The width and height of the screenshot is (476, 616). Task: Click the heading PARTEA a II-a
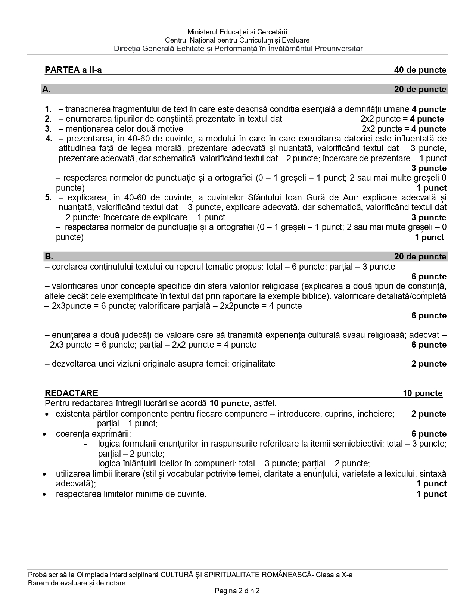73,70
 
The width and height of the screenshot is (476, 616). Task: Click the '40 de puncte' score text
420,70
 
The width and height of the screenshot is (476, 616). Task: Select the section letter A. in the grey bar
46,90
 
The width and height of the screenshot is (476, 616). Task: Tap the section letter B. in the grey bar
49,257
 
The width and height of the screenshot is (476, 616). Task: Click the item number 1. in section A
48,109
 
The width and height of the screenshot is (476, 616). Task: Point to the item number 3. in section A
48,129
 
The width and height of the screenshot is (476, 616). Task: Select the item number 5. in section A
48,198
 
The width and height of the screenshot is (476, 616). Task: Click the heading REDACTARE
71,393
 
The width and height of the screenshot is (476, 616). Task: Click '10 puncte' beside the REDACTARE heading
423,393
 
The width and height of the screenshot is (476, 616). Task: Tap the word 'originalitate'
253,364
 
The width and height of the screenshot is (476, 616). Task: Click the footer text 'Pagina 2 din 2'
237,591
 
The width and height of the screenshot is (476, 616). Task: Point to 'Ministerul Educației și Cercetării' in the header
237,32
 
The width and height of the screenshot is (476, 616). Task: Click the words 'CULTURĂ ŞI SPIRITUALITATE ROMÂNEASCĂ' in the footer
236,575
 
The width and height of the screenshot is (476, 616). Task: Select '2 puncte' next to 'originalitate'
429,364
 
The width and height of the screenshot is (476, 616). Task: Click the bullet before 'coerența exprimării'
45,435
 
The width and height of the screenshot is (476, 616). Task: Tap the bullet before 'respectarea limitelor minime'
45,495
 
